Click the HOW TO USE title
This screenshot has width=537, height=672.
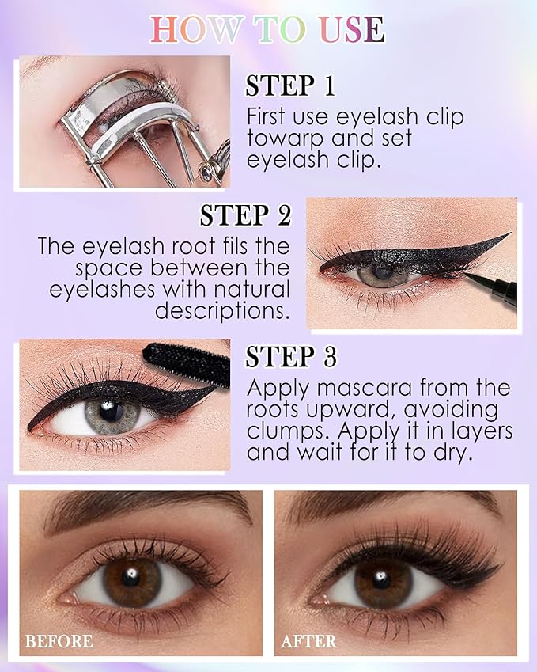(267, 29)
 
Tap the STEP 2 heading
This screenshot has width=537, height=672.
(245, 215)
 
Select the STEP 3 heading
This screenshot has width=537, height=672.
(291, 357)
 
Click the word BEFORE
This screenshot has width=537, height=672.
(59, 640)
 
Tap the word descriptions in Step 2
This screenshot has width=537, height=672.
(222, 310)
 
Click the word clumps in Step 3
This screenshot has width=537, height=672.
(288, 432)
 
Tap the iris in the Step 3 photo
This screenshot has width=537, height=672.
(112, 414)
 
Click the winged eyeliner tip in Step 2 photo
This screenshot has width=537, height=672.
(506, 234)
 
